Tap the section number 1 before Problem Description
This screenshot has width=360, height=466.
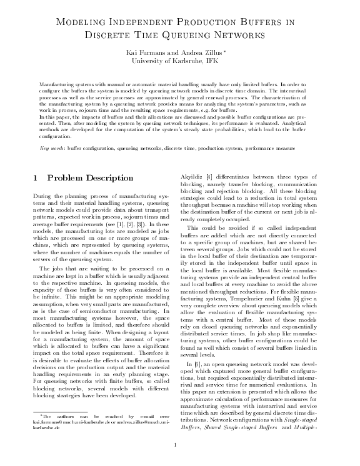point(34,178)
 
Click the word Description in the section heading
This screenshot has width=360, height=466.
point(126,178)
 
